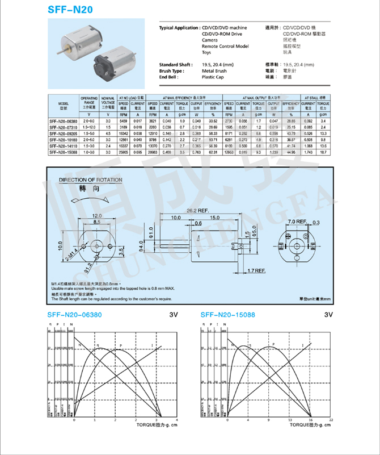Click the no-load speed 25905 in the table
pyautogui.click(x=125, y=152)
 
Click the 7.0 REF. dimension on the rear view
pyautogui.click(x=297, y=220)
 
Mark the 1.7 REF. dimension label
pyautogui.click(x=256, y=271)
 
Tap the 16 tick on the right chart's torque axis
pyautogui.click(x=311, y=419)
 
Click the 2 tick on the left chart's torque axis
pyautogui.click(x=115, y=419)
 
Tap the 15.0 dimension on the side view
pyautogui.click(x=215, y=217)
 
